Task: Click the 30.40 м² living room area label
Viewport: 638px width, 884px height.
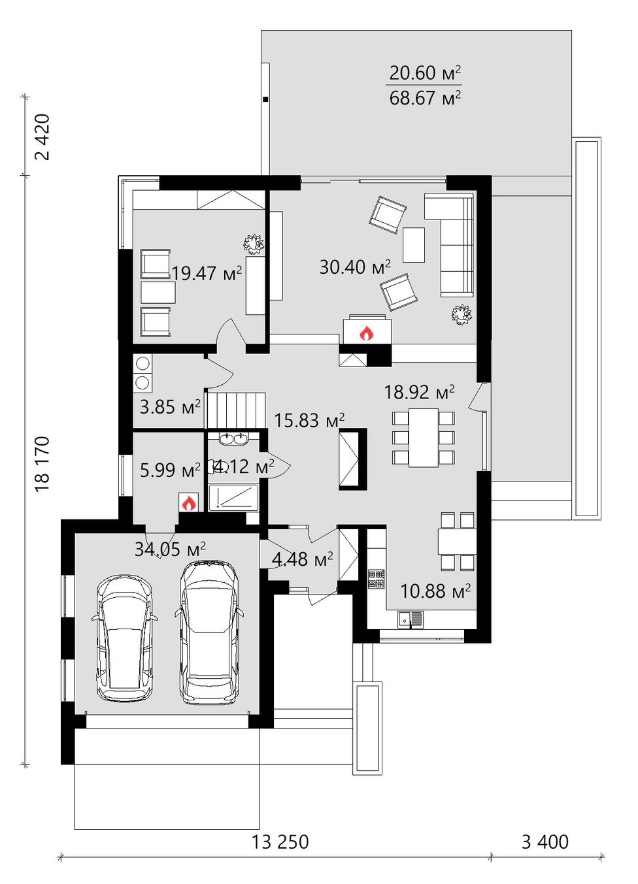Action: [355, 267]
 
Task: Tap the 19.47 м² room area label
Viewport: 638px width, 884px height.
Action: [207, 272]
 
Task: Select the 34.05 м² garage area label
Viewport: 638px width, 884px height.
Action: [170, 549]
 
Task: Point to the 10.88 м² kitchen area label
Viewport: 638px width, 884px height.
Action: [435, 591]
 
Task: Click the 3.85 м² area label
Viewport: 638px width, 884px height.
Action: [170, 406]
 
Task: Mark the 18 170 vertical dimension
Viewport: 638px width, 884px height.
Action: [42, 463]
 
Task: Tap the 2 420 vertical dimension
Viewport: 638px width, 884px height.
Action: [42, 137]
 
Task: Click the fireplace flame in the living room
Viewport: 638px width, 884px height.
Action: [366, 333]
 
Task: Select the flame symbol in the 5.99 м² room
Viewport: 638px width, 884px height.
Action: [188, 503]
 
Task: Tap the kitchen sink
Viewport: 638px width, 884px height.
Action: [411, 619]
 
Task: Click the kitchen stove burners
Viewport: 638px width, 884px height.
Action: [377, 579]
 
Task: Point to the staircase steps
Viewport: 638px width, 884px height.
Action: [236, 410]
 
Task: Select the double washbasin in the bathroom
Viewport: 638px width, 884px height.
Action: [233, 439]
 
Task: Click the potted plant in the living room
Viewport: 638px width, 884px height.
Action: [462, 314]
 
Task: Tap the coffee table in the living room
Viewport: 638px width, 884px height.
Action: [414, 244]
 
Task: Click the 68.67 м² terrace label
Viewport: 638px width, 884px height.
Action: [425, 98]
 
